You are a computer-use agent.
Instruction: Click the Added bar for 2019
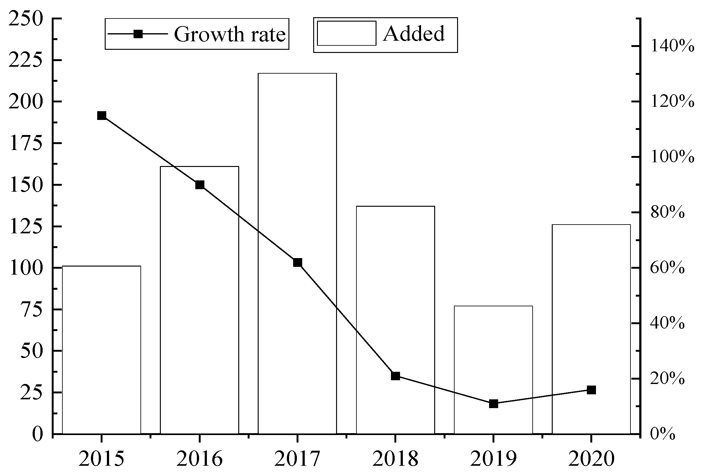493,370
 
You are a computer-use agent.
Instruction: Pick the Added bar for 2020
591,329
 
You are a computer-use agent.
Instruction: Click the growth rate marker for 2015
102,116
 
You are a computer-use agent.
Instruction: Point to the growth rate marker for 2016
200,185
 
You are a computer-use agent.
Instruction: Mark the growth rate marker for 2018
395,376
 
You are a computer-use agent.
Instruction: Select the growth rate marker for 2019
493,404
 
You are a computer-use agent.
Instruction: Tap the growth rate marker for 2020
591,390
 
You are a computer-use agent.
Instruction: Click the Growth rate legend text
229,34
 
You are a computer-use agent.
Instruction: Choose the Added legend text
414,33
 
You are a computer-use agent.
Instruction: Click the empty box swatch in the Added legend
346,33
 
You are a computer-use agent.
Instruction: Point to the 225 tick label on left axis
30,60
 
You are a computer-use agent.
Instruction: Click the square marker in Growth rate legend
138,34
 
